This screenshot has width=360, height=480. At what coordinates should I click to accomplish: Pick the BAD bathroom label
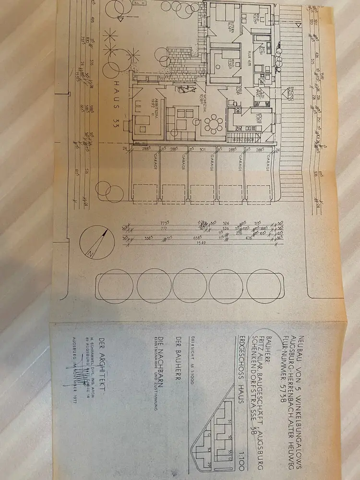263,50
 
